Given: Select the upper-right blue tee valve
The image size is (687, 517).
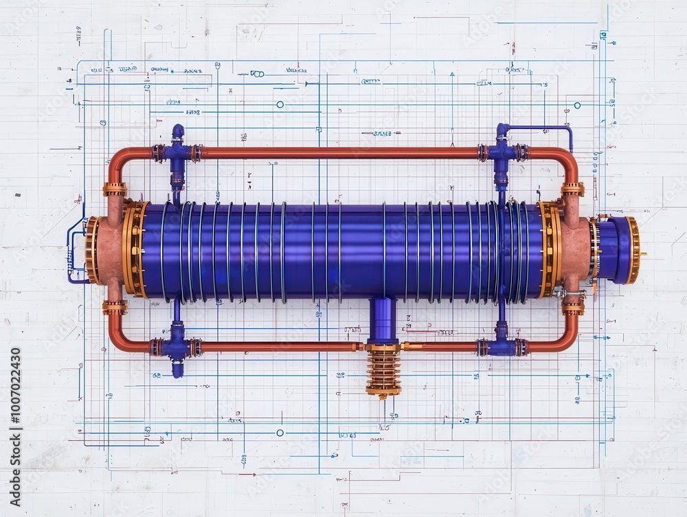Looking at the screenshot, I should pos(502,152).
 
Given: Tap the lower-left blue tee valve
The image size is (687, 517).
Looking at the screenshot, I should pos(177,347).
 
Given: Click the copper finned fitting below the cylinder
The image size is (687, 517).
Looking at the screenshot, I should pos(383,371).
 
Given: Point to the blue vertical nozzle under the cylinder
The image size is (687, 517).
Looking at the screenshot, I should pos(382,319).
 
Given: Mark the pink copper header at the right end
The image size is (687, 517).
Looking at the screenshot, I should pos(575,250).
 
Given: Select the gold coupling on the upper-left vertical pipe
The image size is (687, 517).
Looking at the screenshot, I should pos(115,189).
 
